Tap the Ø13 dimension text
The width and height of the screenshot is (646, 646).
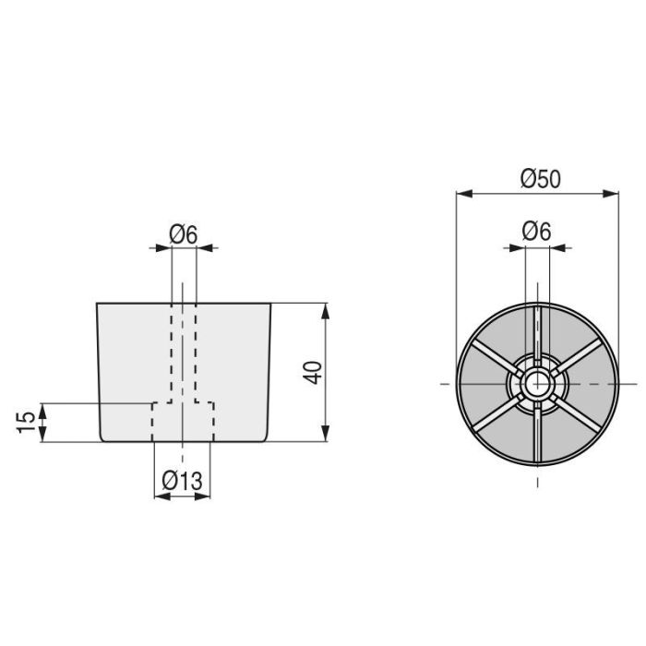pyautogui.click(x=183, y=481)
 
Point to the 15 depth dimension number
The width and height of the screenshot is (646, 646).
pyautogui.click(x=28, y=422)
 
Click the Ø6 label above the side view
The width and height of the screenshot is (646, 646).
pyautogui.click(x=183, y=234)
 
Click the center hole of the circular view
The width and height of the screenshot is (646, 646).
pyautogui.click(x=537, y=382)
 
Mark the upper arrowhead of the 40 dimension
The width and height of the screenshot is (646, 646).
pyautogui.click(x=324, y=308)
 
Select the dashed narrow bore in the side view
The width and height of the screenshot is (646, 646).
pyautogui.click(x=183, y=351)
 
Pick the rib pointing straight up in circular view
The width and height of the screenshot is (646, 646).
pyautogui.click(x=537, y=328)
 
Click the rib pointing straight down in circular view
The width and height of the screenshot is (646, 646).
pyautogui.click(x=537, y=434)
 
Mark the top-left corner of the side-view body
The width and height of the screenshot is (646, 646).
pyautogui.click(x=97, y=303)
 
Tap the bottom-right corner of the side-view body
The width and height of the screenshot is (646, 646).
pyautogui.click(x=266, y=441)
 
